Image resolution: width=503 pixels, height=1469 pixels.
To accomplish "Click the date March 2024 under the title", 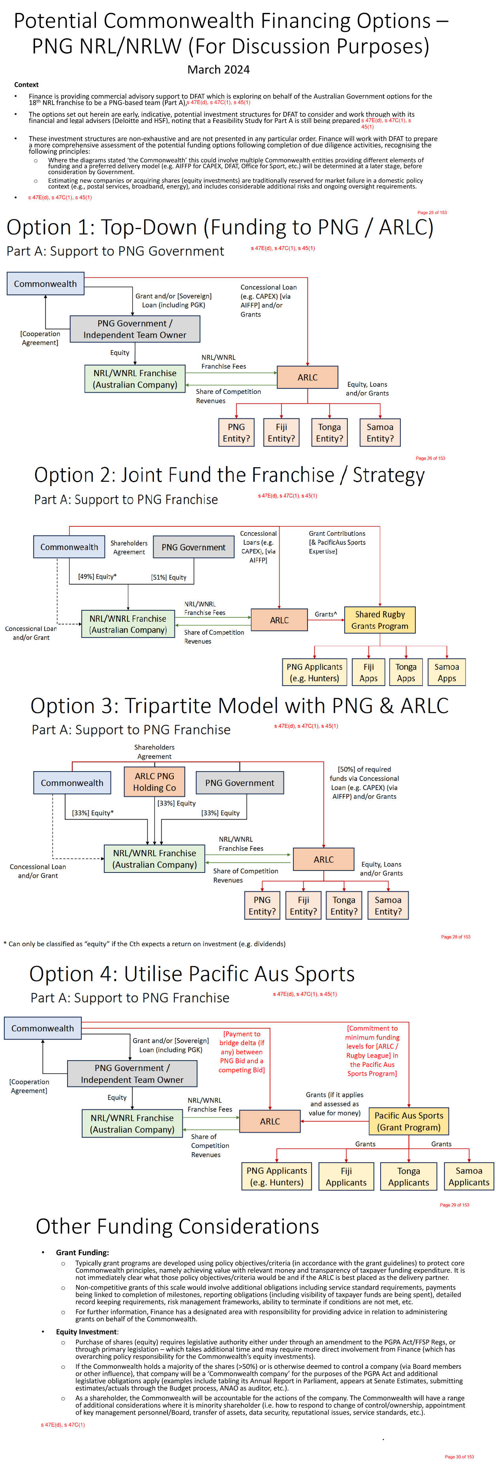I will [219, 69].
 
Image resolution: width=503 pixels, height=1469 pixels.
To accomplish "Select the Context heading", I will [26, 84].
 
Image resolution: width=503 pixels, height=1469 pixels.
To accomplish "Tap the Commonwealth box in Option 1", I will [45, 283].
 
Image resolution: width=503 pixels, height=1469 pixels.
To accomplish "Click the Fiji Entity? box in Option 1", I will [282, 432].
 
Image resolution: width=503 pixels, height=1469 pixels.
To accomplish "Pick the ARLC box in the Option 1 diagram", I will [307, 377].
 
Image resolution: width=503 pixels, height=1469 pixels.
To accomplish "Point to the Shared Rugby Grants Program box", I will [380, 620].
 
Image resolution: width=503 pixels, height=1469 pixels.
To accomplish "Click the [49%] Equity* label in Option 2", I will [97, 576].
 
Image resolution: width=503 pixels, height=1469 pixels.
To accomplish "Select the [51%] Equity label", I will [169, 577].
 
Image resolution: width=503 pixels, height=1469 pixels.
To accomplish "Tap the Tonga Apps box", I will [406, 672].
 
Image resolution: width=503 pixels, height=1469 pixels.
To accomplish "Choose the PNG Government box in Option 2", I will [193, 547].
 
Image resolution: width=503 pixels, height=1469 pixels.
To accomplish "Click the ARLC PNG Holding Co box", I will [154, 782].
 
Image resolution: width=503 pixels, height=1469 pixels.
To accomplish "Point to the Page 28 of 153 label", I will [455, 937].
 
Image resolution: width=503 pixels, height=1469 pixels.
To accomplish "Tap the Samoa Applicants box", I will [469, 1176].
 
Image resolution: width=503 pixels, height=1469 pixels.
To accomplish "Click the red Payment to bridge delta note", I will [242, 1051].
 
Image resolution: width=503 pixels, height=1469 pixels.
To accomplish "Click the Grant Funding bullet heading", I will [82, 1252].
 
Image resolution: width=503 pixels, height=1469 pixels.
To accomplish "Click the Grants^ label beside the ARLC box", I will [325, 614].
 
